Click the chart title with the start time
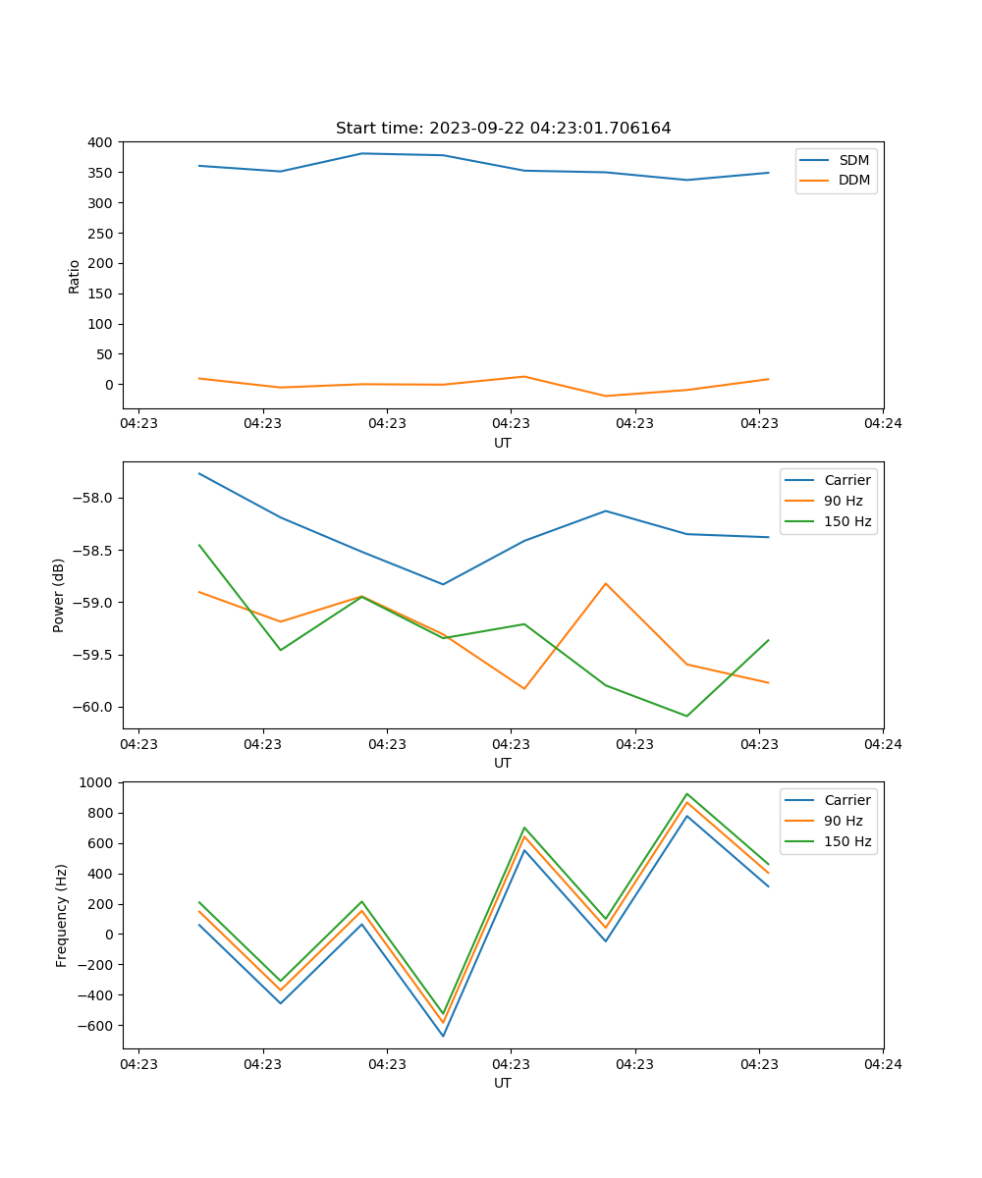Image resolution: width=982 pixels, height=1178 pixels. (x=503, y=129)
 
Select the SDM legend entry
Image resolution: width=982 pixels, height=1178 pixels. (x=853, y=160)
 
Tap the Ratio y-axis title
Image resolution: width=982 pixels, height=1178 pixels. (x=75, y=276)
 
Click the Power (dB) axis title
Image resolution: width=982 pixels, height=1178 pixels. (x=59, y=595)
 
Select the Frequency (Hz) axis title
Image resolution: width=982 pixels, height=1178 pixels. (x=62, y=915)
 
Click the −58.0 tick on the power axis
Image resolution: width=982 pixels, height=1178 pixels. (x=95, y=498)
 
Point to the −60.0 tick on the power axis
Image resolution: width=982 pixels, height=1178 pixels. (x=95, y=707)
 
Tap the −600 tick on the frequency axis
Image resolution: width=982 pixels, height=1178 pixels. (x=96, y=1025)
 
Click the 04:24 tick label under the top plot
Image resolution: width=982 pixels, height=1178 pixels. (x=883, y=424)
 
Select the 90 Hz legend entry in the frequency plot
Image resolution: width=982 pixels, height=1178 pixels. (x=843, y=821)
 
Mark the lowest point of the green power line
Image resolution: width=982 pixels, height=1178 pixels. (x=686, y=716)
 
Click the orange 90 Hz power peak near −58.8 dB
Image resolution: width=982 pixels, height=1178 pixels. (x=606, y=583)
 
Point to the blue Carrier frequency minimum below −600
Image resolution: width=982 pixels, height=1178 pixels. (x=443, y=1036)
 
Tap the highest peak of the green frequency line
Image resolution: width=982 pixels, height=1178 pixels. (x=686, y=793)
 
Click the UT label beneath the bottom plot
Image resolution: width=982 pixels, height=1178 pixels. (x=503, y=1083)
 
